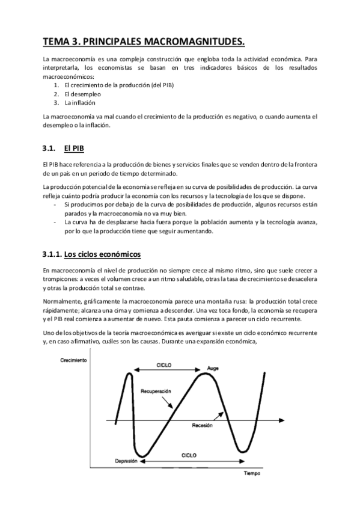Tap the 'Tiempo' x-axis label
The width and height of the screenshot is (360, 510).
[x=252, y=473]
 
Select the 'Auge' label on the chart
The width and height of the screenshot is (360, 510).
[x=213, y=367]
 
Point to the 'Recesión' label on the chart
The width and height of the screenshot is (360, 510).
[x=203, y=425]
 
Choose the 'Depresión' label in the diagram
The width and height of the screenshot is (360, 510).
[x=126, y=461]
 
